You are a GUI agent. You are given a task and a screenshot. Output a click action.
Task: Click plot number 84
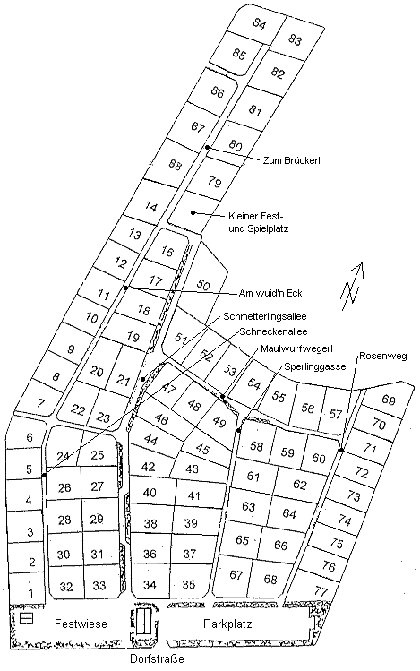pyautogui.click(x=260, y=22)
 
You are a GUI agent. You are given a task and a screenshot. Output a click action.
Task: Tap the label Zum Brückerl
pyautogui.click(x=292, y=160)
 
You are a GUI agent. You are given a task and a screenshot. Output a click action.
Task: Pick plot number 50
pyautogui.click(x=203, y=285)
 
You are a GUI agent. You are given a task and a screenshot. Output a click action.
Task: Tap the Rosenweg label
pyautogui.click(x=382, y=357)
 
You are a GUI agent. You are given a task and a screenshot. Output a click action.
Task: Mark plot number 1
pyautogui.click(x=30, y=592)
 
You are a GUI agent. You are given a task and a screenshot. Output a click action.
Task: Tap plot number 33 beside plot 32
pyautogui.click(x=99, y=586)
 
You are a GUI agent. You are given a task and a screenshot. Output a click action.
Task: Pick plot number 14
pyautogui.click(x=151, y=207)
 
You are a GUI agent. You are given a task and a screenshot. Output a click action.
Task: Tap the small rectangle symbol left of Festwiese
pyautogui.click(x=26, y=618)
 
